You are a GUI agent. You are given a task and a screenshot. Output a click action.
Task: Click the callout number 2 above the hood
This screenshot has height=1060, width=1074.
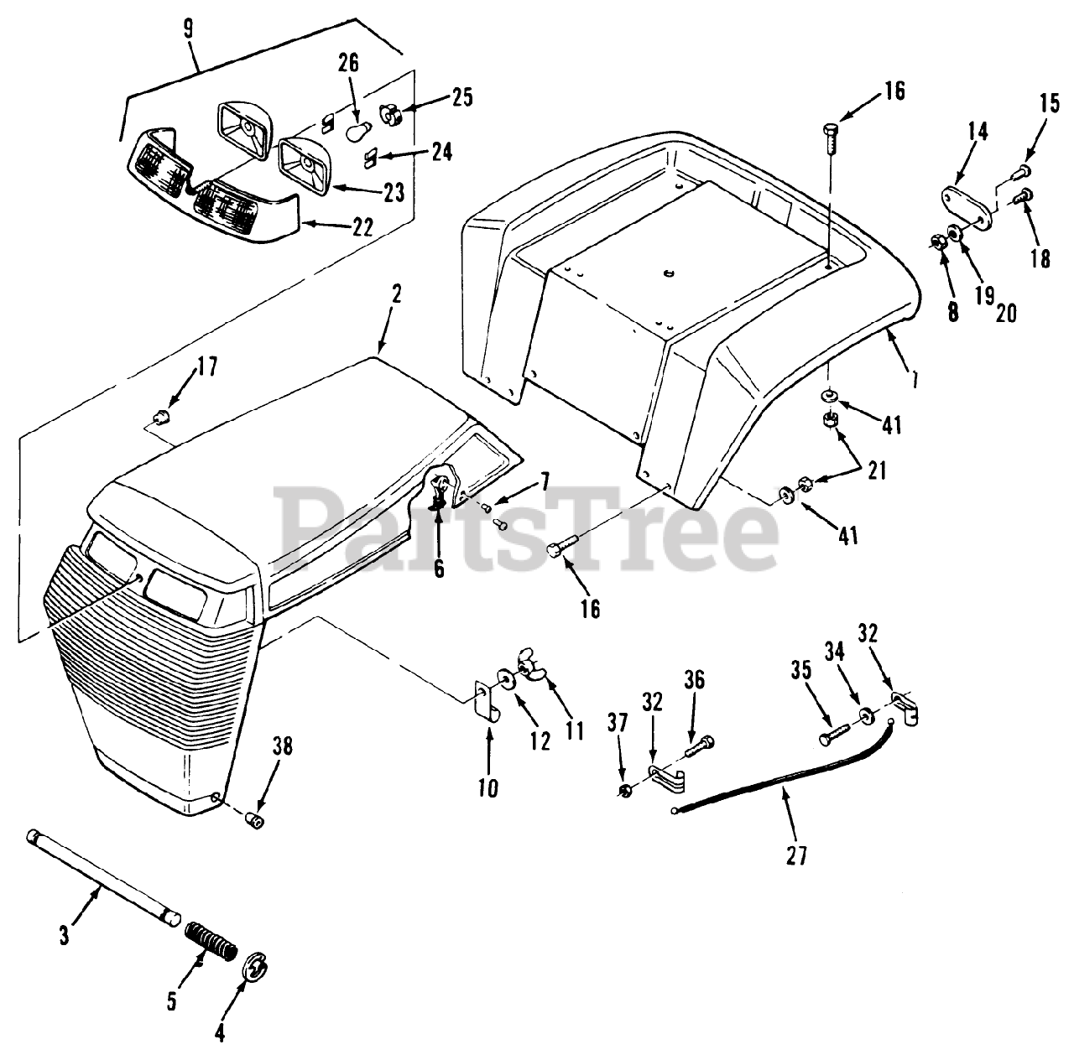point(396,294)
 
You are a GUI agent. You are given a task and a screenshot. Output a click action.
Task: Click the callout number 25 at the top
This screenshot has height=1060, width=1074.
point(462,97)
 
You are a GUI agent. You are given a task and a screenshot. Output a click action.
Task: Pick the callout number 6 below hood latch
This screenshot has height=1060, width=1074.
point(439,569)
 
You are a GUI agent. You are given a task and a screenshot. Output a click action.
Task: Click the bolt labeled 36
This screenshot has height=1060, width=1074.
point(699,745)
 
